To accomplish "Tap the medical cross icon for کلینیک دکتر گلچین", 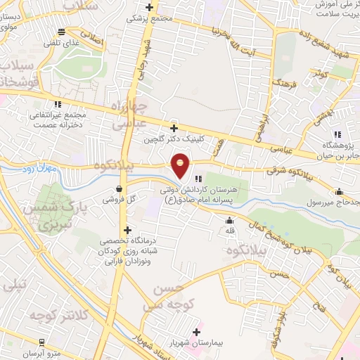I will point(174,128).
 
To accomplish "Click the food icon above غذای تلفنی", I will point(63,31).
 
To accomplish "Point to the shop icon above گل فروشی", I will point(119,188).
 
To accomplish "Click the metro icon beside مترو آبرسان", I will point(42,341).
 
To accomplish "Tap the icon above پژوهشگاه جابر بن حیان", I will point(337,134).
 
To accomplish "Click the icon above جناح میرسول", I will point(340,191).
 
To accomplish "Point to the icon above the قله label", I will point(229,221).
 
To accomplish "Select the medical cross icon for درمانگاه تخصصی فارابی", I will point(127,229).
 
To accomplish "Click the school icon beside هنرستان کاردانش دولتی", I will point(199,179).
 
